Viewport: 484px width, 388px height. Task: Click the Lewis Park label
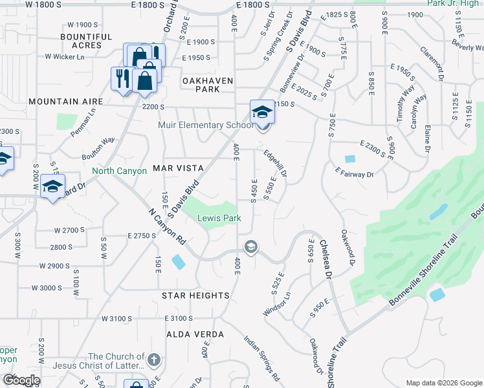[x=219, y=219]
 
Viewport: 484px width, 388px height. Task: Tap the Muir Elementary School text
[x=198, y=125]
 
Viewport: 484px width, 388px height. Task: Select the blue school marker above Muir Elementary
[x=261, y=111]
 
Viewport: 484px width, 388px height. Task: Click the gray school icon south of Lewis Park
[x=250, y=246]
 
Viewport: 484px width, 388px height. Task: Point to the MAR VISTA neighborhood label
[x=178, y=168]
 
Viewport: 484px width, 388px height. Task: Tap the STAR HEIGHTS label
[x=195, y=296]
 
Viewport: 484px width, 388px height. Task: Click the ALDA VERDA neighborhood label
[x=195, y=334]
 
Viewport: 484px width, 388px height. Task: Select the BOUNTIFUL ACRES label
[x=91, y=41]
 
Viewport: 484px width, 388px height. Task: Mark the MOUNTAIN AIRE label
[x=66, y=102]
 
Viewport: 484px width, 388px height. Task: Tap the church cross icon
[x=153, y=360]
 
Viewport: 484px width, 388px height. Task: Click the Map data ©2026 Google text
[x=443, y=383]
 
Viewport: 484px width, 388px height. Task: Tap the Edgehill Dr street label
[x=275, y=164]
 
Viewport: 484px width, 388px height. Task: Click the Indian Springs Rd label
[x=262, y=357]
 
